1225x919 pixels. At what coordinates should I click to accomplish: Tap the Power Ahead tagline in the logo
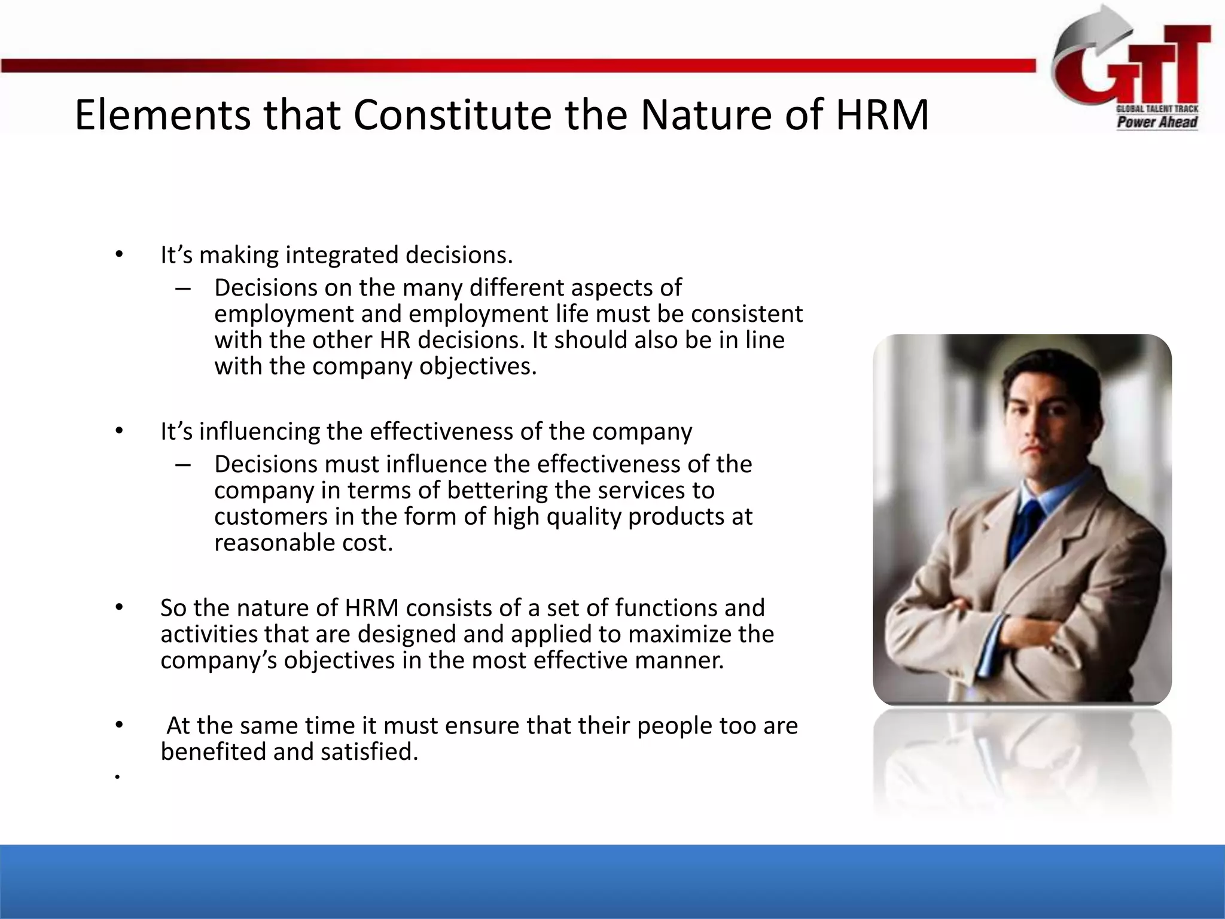(x=1157, y=123)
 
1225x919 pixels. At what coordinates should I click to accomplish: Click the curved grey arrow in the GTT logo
(x=1083, y=42)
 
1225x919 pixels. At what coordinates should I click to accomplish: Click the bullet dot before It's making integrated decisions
(x=119, y=255)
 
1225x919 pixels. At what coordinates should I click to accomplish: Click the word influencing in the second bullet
(x=260, y=431)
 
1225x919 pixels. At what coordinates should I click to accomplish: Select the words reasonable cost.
(x=303, y=543)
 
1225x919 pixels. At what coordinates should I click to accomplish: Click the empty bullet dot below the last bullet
(x=118, y=777)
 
